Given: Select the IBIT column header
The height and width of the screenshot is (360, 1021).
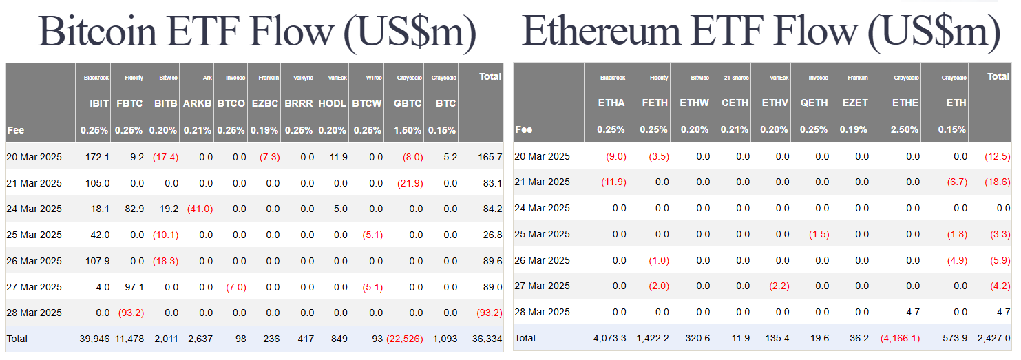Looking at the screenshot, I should (x=99, y=103).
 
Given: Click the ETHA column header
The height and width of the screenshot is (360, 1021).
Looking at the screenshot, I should (x=611, y=103).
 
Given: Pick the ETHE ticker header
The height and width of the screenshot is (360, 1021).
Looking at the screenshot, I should (x=905, y=103).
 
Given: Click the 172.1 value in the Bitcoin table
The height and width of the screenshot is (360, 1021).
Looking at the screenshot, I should (x=96, y=157).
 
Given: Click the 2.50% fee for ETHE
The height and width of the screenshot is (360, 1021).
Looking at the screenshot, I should (x=905, y=129).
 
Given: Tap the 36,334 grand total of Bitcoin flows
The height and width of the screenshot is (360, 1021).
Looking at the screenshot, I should (x=488, y=339).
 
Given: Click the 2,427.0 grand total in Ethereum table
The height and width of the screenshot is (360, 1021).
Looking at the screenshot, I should (x=994, y=339).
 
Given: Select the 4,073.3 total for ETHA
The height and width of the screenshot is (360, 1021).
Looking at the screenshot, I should (x=610, y=339).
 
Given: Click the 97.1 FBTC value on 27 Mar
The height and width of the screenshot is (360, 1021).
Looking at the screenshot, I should (x=134, y=287).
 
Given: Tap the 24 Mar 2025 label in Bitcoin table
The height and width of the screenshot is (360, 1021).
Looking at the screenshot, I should (x=34, y=209).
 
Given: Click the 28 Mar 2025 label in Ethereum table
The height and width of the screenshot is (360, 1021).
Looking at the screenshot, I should (x=543, y=312).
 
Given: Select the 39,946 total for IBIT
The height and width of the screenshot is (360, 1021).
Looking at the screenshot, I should (x=94, y=339).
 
